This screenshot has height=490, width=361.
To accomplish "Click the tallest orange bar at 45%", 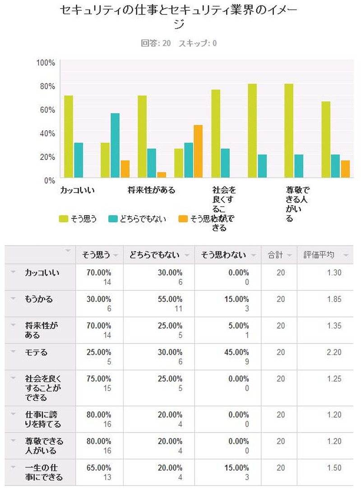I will (198, 151).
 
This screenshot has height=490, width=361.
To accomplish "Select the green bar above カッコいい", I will (69, 137).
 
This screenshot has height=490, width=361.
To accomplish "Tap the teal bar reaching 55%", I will (115, 145).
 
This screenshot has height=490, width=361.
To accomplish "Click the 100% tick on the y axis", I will (46, 62).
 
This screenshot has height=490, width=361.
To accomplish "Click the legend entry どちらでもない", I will (143, 219).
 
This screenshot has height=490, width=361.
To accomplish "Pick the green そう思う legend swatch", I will (65, 219).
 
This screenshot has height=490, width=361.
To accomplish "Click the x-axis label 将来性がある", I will (151, 190).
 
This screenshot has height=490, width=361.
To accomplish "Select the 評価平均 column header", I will (319, 255).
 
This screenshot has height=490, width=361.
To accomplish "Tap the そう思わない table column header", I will (223, 255).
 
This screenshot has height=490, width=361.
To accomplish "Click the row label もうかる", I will (39, 299).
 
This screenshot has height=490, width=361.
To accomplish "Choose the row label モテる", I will (37, 352).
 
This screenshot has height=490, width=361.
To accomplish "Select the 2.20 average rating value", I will (335, 352).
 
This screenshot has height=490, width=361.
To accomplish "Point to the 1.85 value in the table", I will (335, 299).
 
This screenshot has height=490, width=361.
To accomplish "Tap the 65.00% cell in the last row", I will (99, 468).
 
